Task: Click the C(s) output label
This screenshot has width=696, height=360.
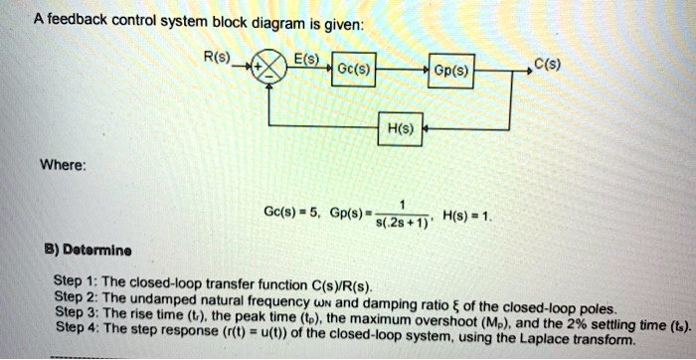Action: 547,67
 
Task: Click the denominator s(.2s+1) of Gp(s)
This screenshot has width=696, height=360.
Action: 402,224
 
